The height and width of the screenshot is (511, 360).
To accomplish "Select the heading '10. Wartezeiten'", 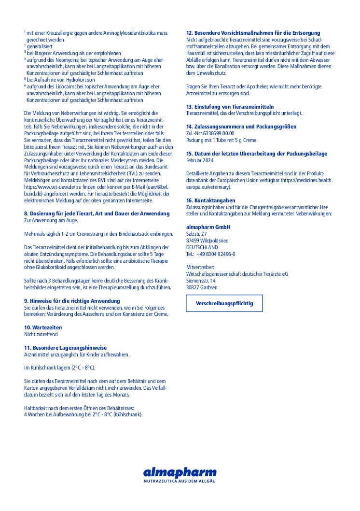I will point(43,327).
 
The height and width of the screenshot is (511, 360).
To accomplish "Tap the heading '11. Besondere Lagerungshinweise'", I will point(65,348).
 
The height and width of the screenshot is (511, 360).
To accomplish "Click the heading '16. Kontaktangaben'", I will point(211,200).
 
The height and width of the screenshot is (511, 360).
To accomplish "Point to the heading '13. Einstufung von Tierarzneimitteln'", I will point(230,106).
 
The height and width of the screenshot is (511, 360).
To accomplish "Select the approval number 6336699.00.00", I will point(217,133).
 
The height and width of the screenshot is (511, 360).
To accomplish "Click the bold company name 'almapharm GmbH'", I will point(208,227).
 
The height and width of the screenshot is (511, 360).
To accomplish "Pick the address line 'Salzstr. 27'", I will point(196,234).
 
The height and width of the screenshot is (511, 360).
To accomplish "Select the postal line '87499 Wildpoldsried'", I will point(207,241).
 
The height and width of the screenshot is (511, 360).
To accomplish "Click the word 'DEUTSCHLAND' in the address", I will point(202,247).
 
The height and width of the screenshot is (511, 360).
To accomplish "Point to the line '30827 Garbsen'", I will point(202,287).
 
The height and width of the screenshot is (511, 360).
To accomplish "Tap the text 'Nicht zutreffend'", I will point(41,334).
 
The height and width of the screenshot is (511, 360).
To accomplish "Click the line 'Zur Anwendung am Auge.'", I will point(51,220).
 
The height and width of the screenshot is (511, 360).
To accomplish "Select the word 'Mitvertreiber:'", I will point(200,267).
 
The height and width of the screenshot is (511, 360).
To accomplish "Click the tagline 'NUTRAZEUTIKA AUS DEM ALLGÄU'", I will point(180,482).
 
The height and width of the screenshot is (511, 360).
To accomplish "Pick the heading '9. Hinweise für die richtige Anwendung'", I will point(72,300).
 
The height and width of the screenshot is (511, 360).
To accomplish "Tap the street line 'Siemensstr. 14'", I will point(201,281).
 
